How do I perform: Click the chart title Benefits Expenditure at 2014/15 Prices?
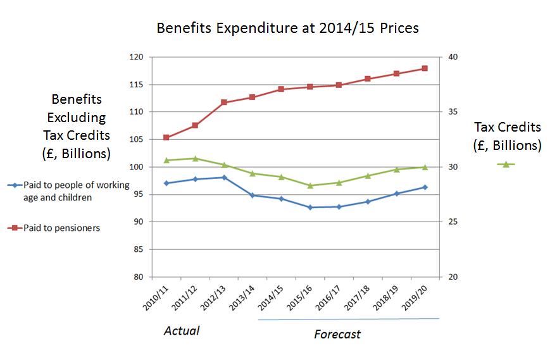(x=288, y=28)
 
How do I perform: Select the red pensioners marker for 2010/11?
(x=166, y=137)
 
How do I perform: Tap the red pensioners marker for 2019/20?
(x=425, y=68)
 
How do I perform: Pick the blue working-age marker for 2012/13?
(x=224, y=177)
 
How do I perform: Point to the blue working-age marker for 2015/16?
(x=310, y=207)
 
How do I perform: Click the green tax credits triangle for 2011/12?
(x=195, y=158)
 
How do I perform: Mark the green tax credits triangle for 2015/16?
(x=310, y=185)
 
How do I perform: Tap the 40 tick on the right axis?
(x=453, y=57)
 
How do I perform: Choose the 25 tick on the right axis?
(x=453, y=222)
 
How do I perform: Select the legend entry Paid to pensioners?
(x=61, y=228)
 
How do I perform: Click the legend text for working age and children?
(x=76, y=190)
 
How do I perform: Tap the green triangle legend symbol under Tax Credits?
(x=506, y=164)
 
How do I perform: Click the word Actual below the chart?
(x=182, y=330)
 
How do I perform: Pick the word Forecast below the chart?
(x=337, y=333)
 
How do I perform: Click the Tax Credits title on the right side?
(x=507, y=136)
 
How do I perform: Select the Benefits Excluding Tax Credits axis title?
(x=77, y=127)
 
